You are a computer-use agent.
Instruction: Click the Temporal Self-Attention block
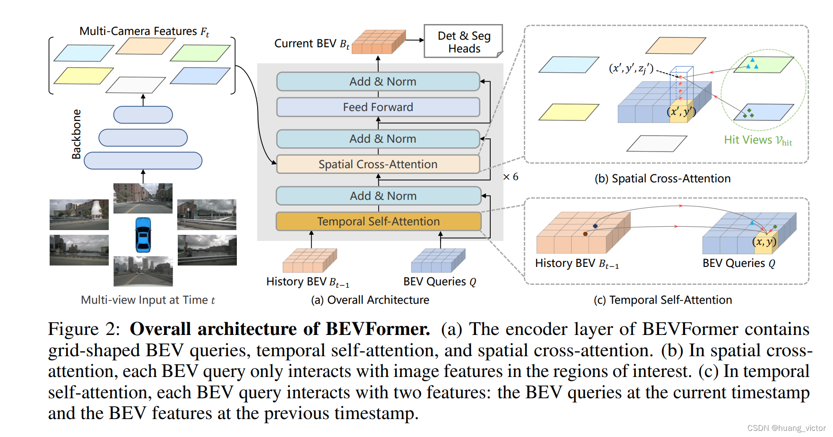pyautogui.click(x=378, y=222)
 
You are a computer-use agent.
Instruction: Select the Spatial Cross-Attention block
pyautogui.click(x=378, y=164)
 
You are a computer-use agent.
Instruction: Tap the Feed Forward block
pyautogui.click(x=378, y=107)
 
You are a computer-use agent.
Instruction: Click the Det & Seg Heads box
pyautogui.click(x=463, y=42)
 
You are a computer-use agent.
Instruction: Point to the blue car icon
pyautogui.click(x=143, y=235)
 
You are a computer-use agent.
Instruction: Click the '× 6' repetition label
pyautogui.click(x=511, y=177)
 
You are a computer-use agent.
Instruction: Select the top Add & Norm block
pyautogui.click(x=378, y=82)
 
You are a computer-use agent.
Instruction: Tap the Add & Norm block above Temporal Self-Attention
pyautogui.click(x=378, y=196)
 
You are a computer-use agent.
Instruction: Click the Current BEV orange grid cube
pyautogui.click(x=378, y=42)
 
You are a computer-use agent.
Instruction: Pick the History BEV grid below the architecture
pyautogui.click(x=310, y=260)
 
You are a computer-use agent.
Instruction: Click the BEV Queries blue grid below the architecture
pyautogui.click(x=438, y=260)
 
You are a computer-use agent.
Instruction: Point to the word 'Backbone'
pyautogui.click(x=76, y=134)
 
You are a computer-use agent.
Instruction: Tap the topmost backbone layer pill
pyautogui.click(x=143, y=115)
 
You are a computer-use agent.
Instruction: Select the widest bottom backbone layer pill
pyautogui.click(x=143, y=161)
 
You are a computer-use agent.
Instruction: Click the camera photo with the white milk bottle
pyautogui.click(x=79, y=214)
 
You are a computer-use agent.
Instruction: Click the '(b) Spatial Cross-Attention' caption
pyautogui.click(x=662, y=179)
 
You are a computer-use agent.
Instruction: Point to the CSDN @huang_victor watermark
pyautogui.click(x=786, y=428)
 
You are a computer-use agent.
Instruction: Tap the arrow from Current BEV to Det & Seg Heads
pyautogui.click(x=415, y=40)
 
